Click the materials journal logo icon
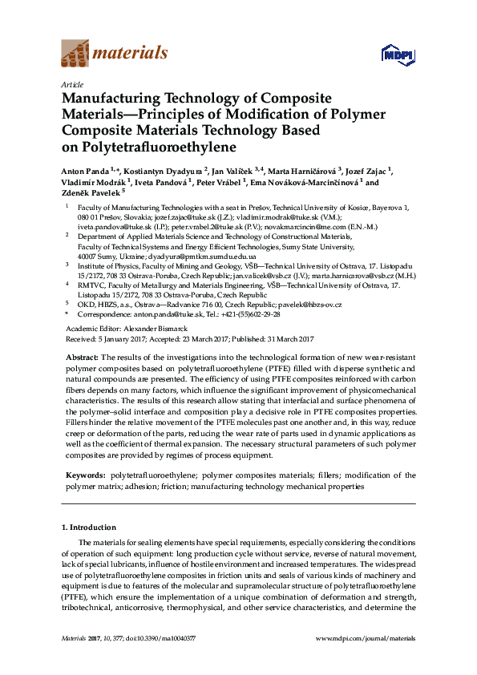pyautogui.click(x=75, y=55)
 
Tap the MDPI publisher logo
pyautogui.click(x=392, y=55)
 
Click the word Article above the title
pyautogui.click(x=71, y=83)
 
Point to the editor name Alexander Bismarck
pyautogui.click(x=153, y=329)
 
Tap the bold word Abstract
pyautogui.click(x=81, y=356)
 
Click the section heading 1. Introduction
pyautogui.click(x=88, y=527)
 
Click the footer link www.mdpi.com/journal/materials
pyautogui.click(x=366, y=638)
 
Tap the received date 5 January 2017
pyautogui.click(x=115, y=338)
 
